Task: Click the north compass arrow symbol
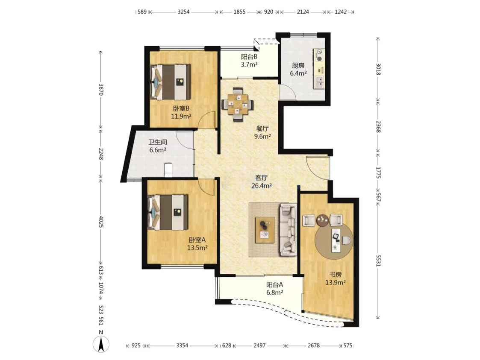101,344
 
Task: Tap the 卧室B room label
181,108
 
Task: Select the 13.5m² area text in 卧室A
197,248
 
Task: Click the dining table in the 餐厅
238,105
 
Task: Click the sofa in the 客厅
288,229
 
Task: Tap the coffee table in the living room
265,230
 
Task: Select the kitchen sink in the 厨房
319,82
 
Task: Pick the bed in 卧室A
168,212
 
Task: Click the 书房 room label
336,275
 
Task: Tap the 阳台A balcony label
274,285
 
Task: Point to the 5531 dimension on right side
378,260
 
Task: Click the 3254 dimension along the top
184,12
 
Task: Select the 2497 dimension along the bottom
259,345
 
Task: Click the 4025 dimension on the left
101,222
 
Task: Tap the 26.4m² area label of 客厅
262,186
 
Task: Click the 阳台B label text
249,57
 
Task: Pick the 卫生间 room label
158,142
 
